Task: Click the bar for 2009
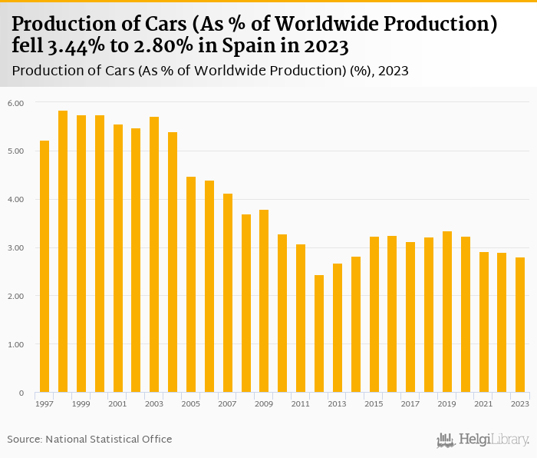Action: click(264, 301)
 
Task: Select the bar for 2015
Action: click(374, 314)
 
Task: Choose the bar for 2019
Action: click(447, 312)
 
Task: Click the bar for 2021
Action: click(484, 322)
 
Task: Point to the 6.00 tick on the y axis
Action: click(16, 103)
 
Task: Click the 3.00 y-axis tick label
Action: click(16, 248)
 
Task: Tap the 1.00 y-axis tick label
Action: click(16, 345)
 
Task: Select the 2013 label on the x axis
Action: click(337, 403)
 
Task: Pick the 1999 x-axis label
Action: click(81, 403)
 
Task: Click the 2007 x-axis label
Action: click(228, 403)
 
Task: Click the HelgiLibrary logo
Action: click(483, 440)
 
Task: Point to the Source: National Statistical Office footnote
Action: click(90, 439)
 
